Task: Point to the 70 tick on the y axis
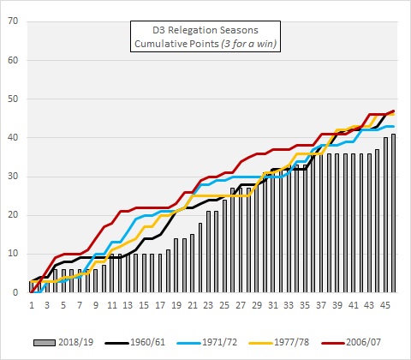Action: [15, 21]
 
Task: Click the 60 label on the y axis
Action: [15, 60]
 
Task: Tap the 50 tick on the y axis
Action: [15, 99]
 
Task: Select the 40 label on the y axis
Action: [15, 137]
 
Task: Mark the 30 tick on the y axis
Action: [15, 177]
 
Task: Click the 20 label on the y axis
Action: [15, 215]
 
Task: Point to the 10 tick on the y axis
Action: [15, 254]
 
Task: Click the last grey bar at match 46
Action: [393, 213]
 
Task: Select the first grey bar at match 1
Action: [32, 286]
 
